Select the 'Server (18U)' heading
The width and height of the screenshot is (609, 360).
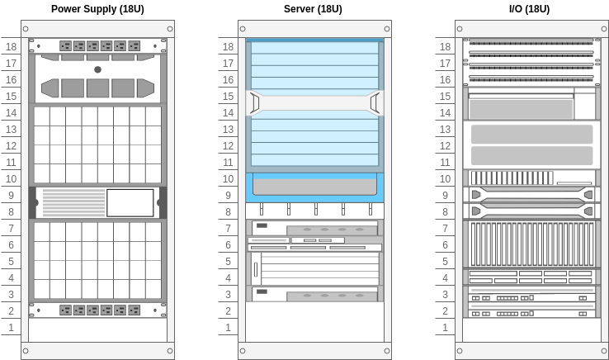[x=313, y=9]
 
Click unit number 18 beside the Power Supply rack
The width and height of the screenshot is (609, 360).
[x=12, y=47]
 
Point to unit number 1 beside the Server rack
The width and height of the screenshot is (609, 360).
[x=229, y=328]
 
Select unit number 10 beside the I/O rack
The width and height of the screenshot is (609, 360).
[x=446, y=179]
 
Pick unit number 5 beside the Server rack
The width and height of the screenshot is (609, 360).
[x=229, y=262]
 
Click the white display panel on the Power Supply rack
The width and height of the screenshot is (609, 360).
[x=130, y=202]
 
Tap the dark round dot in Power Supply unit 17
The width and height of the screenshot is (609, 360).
[x=97, y=69]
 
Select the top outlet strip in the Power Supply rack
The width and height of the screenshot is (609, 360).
[x=97, y=46]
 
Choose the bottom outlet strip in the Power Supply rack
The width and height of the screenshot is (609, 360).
[x=97, y=310]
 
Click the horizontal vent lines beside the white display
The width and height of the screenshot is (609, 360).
[x=73, y=202]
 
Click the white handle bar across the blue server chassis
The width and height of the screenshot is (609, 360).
[x=314, y=103]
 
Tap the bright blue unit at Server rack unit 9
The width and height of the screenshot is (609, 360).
[x=314, y=188]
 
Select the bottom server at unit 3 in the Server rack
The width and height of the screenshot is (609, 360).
[x=314, y=294]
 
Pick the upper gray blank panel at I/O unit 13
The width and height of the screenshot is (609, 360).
[x=531, y=134]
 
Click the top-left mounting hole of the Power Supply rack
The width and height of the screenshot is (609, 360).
[x=26, y=29]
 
